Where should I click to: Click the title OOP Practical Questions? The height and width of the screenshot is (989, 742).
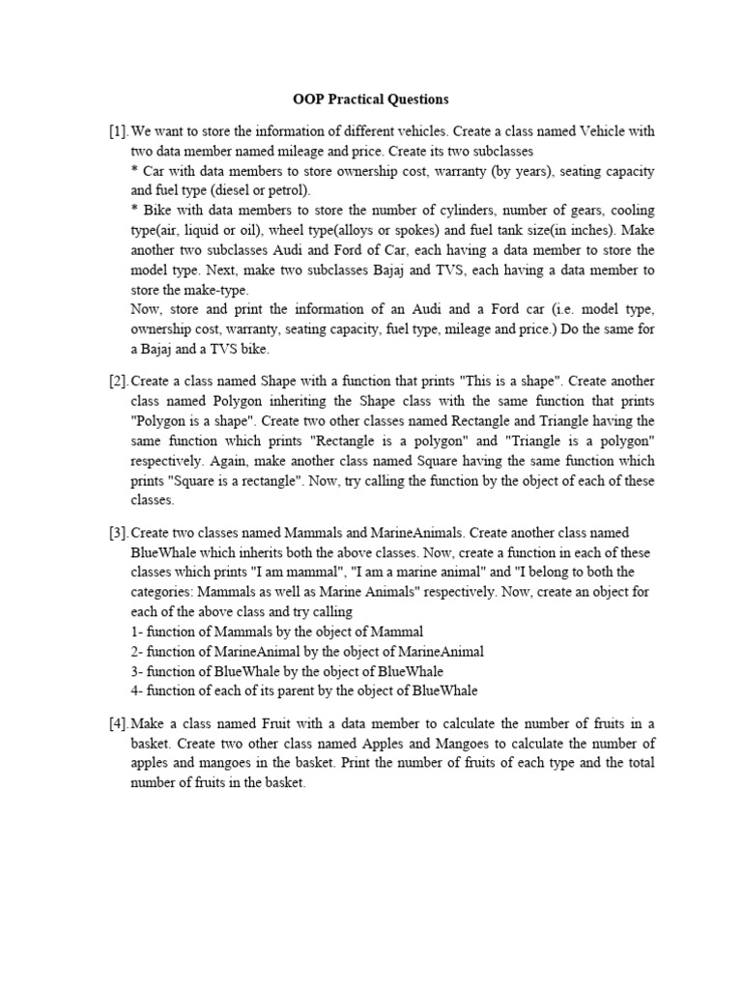pos(371,99)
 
